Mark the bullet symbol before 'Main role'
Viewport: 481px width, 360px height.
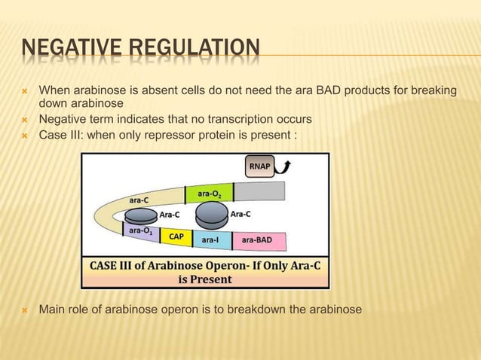click(x=25, y=310)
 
